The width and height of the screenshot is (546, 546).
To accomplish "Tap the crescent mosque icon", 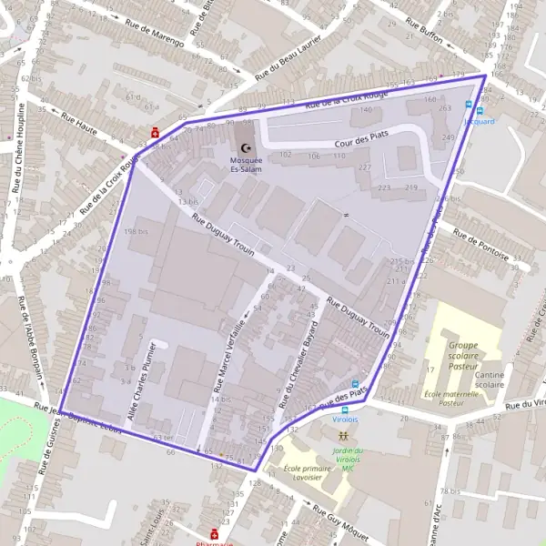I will [244, 148].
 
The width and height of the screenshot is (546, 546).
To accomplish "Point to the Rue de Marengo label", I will [155, 35].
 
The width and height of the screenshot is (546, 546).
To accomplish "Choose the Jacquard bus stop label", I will [480, 121].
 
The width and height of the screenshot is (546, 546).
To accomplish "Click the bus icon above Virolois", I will [355, 384].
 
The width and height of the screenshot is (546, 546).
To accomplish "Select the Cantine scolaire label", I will [489, 379].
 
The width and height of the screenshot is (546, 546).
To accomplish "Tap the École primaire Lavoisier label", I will [309, 473].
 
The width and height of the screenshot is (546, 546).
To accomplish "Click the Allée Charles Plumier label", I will [143, 381].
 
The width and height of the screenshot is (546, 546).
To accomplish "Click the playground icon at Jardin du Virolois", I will [343, 438].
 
